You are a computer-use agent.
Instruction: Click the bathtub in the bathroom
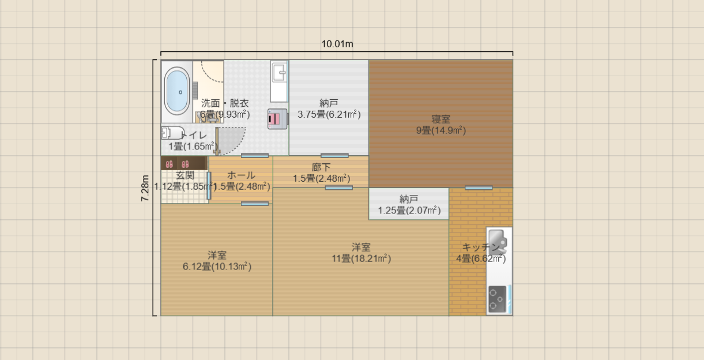coord(177,92)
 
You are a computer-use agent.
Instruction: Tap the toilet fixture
coord(173,133)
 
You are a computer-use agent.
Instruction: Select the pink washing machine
coord(277,119)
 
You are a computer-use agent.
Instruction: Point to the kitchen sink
coord(498,241)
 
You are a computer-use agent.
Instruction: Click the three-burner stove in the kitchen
coord(497,299)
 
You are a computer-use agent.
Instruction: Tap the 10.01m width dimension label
coord(337,44)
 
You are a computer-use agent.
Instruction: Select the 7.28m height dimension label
coord(146,188)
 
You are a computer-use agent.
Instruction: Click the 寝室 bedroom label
coord(441,119)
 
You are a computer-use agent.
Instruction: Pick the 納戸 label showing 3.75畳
coord(329,103)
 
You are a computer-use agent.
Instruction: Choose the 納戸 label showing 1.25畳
coord(409,199)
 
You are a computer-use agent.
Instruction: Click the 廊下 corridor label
coord(321,167)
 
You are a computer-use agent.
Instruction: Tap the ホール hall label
coord(241,175)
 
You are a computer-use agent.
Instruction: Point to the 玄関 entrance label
coord(185,175)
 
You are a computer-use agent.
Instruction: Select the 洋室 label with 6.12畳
coord(217,255)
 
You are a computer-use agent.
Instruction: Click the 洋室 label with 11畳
coord(361,247)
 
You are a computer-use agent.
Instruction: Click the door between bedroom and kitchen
coord(479,187)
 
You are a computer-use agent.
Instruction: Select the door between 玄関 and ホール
coord(209,189)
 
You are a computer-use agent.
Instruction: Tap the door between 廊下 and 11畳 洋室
coord(338,187)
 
